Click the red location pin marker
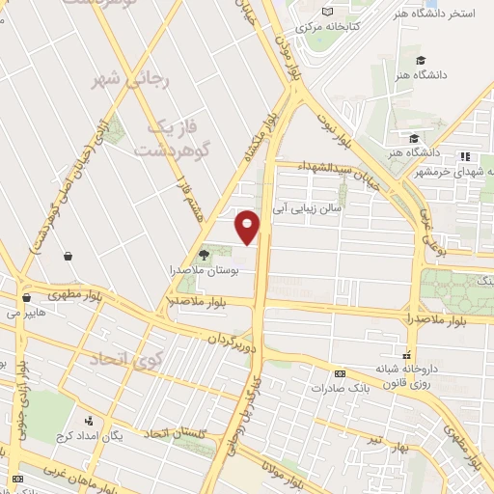[x=248, y=227]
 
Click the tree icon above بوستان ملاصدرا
[x=202, y=254]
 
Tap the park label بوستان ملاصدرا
[x=204, y=270]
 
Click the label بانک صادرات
[x=339, y=388]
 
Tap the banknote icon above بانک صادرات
[x=339, y=373]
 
